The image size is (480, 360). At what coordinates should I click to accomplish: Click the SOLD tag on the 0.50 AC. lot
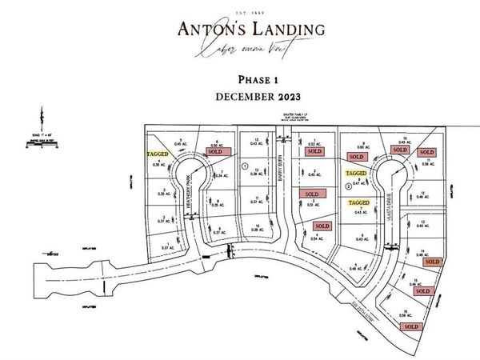[214, 150]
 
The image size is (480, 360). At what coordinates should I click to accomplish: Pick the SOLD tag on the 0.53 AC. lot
[314, 150]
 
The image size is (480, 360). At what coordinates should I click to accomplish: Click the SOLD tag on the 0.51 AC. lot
[310, 194]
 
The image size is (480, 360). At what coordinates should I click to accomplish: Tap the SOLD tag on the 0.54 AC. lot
[322, 226]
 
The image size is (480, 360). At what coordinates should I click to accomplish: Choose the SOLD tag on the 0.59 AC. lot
[411, 326]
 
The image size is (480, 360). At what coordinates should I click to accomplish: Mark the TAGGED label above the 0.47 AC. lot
[355, 173]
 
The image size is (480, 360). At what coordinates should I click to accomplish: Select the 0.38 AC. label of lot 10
[257, 229]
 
